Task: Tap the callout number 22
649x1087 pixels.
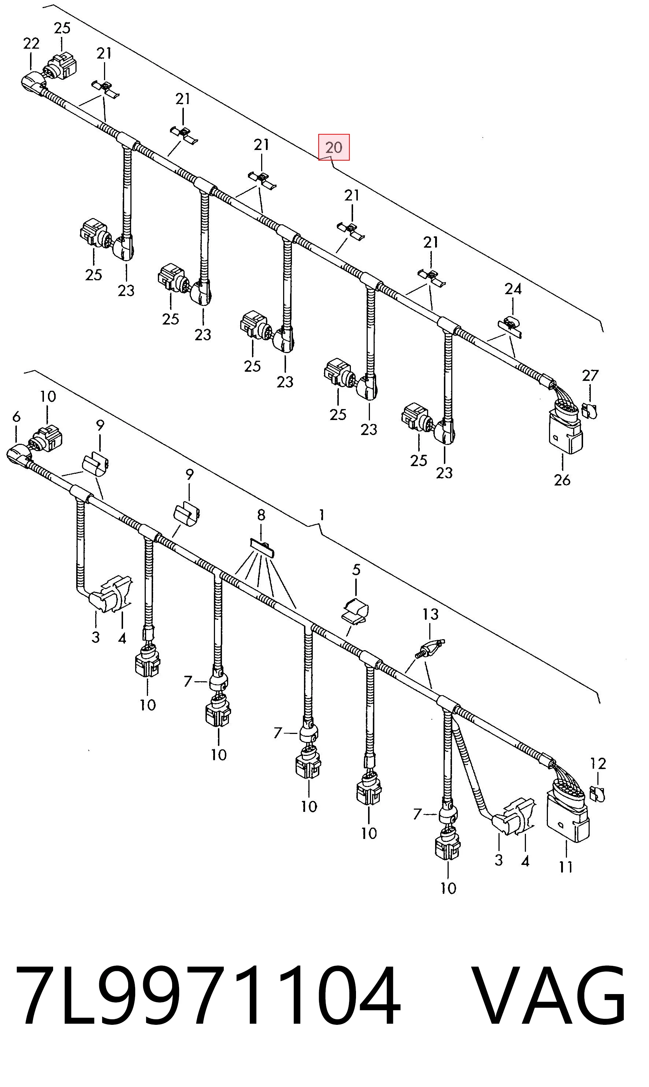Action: pos(31,43)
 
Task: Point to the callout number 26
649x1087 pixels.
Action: pos(562,480)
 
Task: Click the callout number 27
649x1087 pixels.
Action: pos(590,375)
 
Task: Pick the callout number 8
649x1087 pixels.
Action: pos(261,515)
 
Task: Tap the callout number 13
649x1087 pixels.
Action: pos(430,614)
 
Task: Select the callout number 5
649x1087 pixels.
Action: pos(356,570)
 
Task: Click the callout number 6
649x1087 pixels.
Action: pos(16,417)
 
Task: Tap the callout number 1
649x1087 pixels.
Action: pos(322,515)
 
